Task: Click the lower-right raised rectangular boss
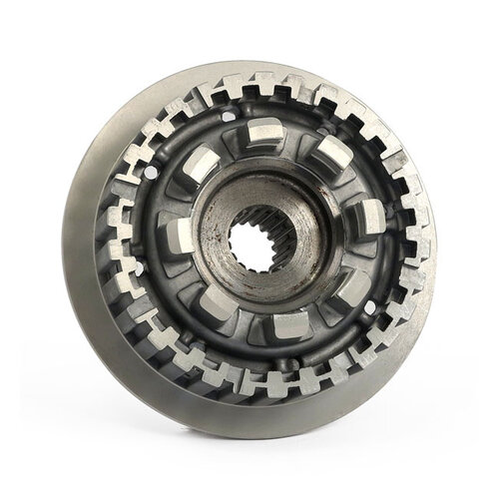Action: (350, 288)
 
